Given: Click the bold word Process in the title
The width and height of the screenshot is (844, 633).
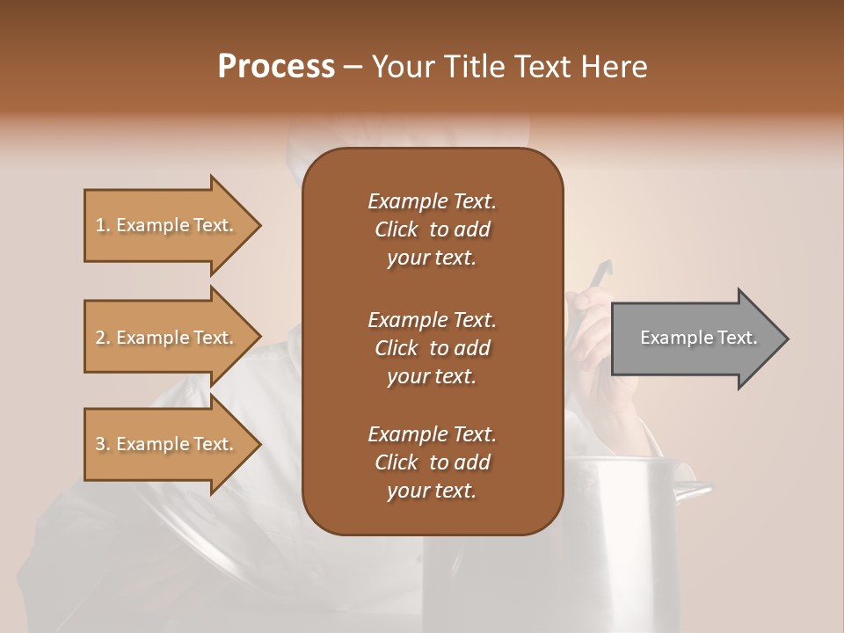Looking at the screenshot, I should pos(276,67).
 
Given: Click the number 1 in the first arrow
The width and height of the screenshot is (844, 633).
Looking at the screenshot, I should pos(100,225).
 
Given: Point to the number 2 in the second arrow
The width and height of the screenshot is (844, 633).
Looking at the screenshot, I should pos(100,338).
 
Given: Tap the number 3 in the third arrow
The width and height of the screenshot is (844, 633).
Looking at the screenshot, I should pos(100,444).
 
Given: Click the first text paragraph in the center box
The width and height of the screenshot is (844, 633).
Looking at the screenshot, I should pos(432,229).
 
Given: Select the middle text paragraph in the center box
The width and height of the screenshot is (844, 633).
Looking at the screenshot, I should pos(432,347).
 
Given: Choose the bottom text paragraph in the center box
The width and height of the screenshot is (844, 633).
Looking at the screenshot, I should pos(432,462).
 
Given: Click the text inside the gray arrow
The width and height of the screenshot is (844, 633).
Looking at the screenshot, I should pos(699,338).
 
